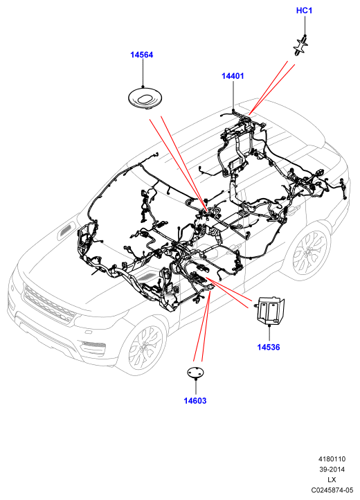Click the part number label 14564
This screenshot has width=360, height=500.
(x=141, y=55)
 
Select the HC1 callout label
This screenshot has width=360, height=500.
(x=304, y=10)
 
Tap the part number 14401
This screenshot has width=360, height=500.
(x=233, y=76)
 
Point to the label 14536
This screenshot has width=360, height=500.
(x=269, y=347)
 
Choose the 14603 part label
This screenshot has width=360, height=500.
(x=195, y=400)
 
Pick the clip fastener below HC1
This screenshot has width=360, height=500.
(x=300, y=46)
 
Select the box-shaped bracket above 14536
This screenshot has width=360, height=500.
(x=270, y=310)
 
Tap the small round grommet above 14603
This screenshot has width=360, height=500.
(x=195, y=373)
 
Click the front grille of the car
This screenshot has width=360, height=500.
(x=48, y=303)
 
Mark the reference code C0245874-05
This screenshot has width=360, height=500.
(x=332, y=490)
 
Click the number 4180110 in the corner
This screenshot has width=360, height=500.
(x=332, y=459)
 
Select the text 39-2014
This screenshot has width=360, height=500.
(x=332, y=470)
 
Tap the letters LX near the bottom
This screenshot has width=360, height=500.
(x=332, y=480)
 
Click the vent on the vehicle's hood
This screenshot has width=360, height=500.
(x=66, y=231)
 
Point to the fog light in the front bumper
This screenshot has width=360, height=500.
(x=93, y=344)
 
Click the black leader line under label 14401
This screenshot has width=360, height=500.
(x=233, y=96)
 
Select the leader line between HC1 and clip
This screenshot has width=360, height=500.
(x=305, y=26)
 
